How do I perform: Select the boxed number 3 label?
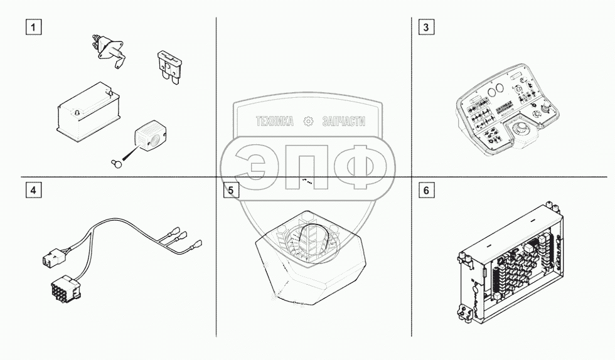click(427, 28)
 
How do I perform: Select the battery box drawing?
click(87, 114)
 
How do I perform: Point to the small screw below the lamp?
click(115, 163)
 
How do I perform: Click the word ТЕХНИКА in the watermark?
click(275, 122)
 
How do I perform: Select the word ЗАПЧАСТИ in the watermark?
click(343, 122)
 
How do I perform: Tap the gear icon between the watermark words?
click(308, 122)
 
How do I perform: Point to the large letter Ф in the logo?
click(358, 164)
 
